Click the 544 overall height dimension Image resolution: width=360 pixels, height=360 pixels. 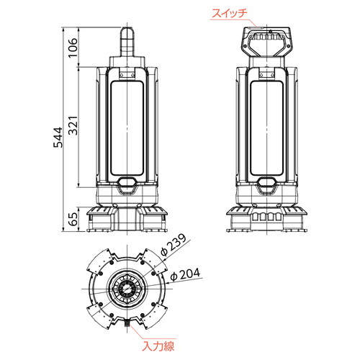[58, 138]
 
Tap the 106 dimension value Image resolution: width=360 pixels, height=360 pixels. [73, 48]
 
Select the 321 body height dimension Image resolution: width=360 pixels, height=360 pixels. [73, 125]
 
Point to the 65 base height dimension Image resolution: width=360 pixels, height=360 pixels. [73, 219]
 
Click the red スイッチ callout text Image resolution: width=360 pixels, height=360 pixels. [230, 13]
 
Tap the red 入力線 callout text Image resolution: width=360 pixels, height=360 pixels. [158, 346]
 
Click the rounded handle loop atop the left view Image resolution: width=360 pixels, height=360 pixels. [127, 42]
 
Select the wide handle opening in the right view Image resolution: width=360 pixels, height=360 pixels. [266, 45]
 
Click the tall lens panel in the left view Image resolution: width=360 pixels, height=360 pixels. [127, 128]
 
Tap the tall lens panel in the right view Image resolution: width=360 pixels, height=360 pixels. [267, 128]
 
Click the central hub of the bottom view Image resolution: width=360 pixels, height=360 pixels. [127, 289]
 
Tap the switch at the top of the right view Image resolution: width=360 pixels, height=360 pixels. [256, 27]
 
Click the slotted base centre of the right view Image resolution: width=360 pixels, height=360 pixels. [266, 217]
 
